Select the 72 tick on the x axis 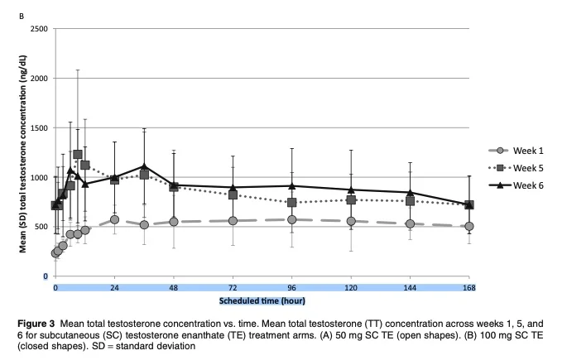point(233,287)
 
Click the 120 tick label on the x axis point(351,287)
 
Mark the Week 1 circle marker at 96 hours point(292,219)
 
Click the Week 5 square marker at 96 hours point(292,203)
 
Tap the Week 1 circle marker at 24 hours point(114,219)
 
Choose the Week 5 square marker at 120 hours point(351,199)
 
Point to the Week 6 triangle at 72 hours point(233,188)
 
